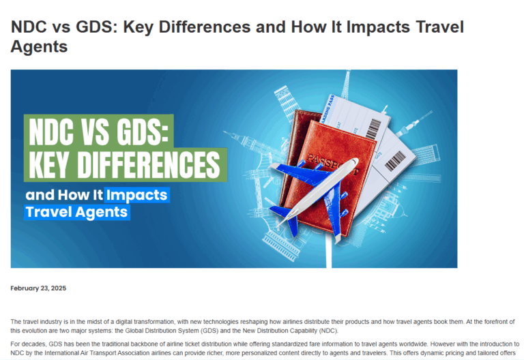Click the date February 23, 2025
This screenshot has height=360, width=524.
point(38,288)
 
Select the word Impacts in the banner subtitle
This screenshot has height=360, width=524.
point(136,195)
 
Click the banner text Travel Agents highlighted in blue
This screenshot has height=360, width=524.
point(76,212)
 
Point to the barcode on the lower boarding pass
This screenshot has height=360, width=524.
point(395,161)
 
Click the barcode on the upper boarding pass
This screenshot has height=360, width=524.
point(373,129)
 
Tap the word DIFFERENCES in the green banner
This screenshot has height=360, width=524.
point(149,165)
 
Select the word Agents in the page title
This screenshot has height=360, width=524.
point(39,46)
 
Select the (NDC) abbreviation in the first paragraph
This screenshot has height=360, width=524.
point(328,331)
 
